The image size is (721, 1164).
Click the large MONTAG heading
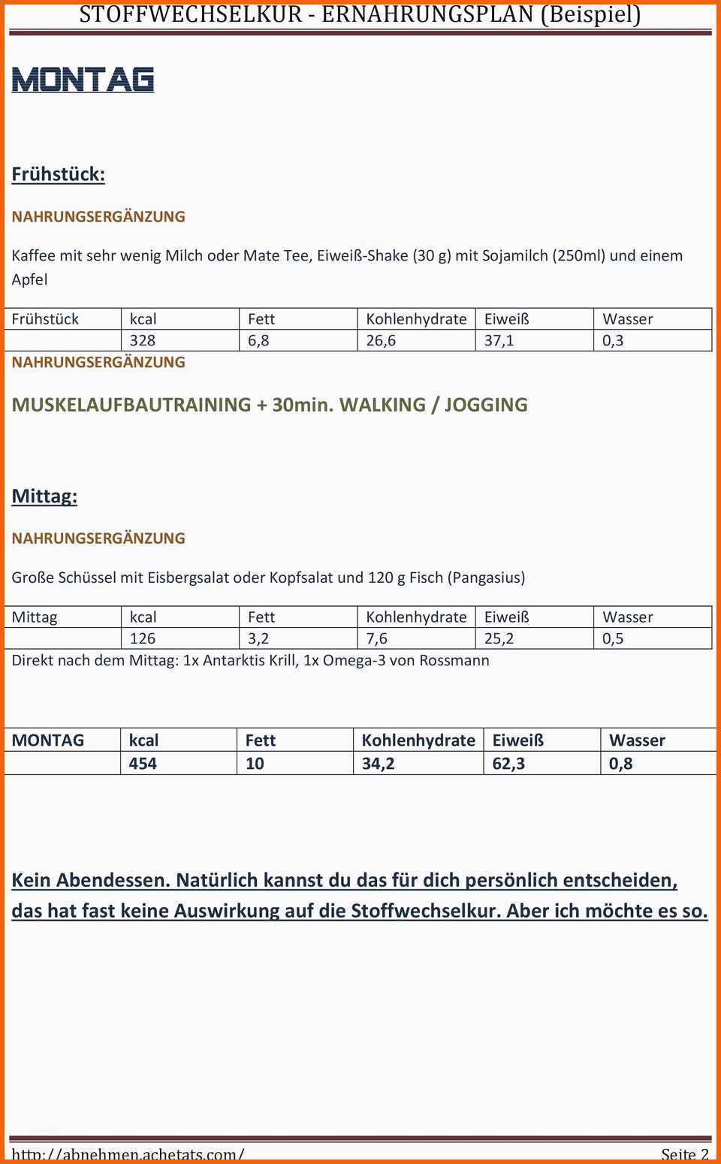coord(83,80)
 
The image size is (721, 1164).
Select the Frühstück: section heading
coord(58,174)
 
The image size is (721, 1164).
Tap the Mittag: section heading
coord(44,496)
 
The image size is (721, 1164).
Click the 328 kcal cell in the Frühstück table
coord(143,340)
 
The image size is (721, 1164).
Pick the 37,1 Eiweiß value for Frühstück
coord(499,340)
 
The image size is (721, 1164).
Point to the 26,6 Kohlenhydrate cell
coord(381,340)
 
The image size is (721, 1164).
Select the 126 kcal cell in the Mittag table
coord(143,638)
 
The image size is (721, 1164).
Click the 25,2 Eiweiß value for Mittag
coord(499,638)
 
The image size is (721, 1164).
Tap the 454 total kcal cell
coord(143,764)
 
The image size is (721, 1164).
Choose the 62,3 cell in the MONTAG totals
coord(508,764)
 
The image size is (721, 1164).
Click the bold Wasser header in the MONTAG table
coord(637,740)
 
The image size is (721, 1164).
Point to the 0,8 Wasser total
coord(620,764)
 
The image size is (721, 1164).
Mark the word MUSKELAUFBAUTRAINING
coord(131,405)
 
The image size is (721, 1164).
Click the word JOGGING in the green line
coord(486,405)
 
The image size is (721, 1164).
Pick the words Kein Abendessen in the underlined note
coord(91,880)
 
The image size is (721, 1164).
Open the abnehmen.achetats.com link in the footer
coord(128,1154)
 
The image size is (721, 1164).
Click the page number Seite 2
coord(684,1154)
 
